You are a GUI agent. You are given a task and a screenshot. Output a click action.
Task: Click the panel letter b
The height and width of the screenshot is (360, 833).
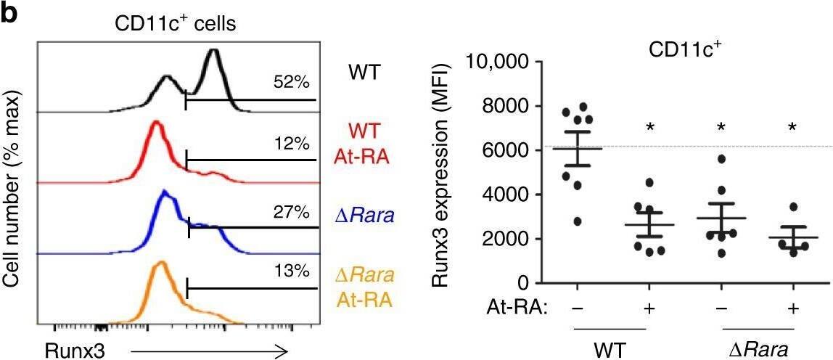point(9,15)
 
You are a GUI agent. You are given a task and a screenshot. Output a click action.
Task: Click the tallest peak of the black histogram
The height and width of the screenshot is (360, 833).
point(213,52)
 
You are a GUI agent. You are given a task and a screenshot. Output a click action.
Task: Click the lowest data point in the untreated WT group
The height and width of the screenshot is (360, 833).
point(557,221)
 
